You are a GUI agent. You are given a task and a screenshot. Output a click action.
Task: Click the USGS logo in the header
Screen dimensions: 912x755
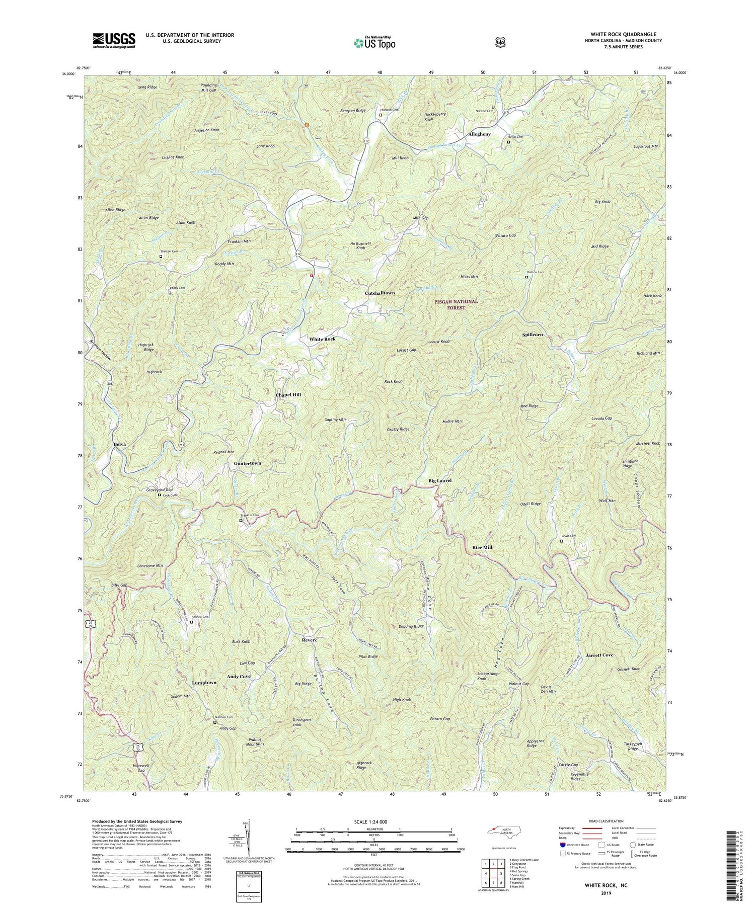coord(114,40)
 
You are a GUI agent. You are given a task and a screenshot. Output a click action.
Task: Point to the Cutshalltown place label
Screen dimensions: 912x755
coord(380,293)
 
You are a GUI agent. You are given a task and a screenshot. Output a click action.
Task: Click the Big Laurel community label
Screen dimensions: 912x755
coord(439,481)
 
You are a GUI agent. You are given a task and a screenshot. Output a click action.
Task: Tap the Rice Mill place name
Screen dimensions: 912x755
coord(482,547)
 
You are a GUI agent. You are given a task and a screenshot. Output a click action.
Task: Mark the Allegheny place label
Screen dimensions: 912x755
coord(479,135)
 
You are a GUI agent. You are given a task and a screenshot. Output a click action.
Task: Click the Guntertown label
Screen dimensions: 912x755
coord(247,463)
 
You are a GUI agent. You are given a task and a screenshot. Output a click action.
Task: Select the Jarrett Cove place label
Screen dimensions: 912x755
coord(599,655)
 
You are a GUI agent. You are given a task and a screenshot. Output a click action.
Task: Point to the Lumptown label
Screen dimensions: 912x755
coord(204,683)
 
